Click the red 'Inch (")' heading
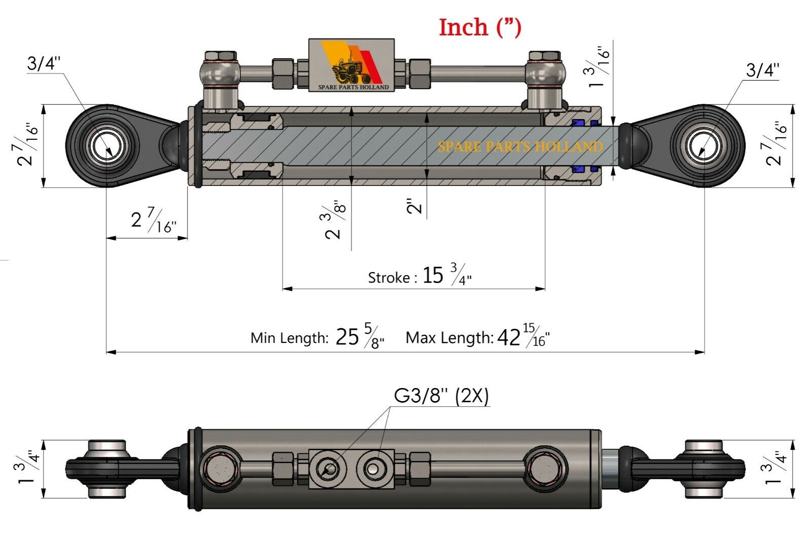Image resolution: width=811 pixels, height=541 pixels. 480,27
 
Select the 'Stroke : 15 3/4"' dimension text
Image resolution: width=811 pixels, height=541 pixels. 420,276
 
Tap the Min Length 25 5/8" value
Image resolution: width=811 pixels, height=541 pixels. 359,337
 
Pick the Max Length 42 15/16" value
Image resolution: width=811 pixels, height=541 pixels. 523,337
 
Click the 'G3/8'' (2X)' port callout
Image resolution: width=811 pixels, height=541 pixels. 441,396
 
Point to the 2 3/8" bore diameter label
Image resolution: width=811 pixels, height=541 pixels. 335,219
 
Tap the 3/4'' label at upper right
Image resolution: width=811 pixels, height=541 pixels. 762,70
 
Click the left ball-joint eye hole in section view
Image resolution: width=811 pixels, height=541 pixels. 107,146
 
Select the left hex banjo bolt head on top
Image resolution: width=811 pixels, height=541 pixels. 220,56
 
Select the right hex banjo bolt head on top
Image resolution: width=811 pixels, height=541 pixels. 544,56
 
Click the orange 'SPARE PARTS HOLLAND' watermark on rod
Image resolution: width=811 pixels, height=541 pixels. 520,147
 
